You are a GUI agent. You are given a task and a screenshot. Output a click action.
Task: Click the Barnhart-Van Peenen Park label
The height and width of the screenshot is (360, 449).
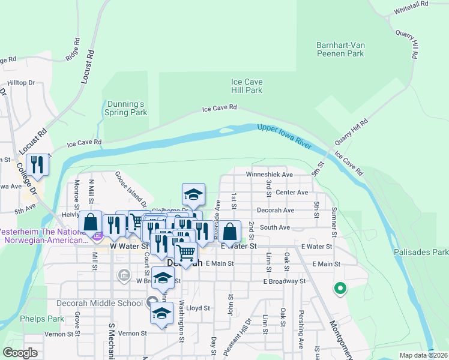[340, 49]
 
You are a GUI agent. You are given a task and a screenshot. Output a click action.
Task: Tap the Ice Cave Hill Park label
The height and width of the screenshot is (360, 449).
[247, 86]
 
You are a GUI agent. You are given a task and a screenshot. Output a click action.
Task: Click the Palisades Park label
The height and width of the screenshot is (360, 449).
[421, 253]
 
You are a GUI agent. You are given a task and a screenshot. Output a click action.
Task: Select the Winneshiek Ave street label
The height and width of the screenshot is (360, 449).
[269, 175]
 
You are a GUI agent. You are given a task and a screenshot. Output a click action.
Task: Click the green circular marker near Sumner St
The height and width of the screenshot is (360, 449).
[340, 289]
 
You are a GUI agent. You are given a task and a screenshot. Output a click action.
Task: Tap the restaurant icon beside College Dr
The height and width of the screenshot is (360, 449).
[38, 164]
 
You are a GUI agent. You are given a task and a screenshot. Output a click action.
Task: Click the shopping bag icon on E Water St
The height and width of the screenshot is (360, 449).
[229, 230]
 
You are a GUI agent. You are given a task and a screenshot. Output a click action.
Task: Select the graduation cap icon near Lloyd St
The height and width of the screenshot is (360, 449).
[161, 314]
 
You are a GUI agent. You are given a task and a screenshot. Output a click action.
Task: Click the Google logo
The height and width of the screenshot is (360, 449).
[20, 353]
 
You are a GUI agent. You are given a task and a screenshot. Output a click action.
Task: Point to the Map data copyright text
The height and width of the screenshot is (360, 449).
[423, 355]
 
